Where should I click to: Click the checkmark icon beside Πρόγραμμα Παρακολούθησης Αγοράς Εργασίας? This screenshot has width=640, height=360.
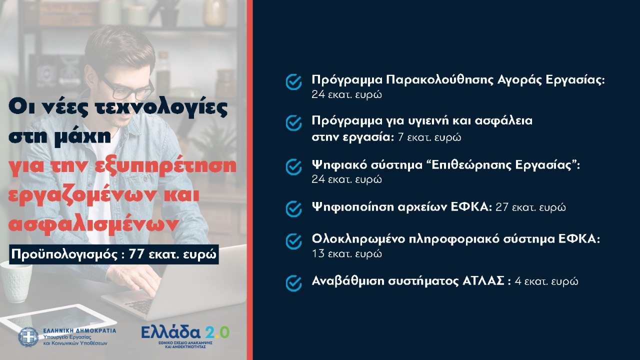(x=293, y=82)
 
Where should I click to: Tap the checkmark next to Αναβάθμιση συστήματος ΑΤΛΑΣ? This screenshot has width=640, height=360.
(x=293, y=283)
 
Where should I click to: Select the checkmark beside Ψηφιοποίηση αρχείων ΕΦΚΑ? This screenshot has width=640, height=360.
(x=293, y=208)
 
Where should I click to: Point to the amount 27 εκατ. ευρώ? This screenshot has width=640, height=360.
(x=530, y=207)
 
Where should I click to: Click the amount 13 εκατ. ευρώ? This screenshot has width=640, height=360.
(x=346, y=253)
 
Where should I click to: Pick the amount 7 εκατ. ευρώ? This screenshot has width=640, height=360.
(x=429, y=137)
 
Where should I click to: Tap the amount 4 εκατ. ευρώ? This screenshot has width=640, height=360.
(x=546, y=281)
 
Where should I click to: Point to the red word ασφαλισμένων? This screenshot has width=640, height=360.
(x=93, y=225)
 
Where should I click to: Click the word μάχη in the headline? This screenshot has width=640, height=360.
(x=85, y=136)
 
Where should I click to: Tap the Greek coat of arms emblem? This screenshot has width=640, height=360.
(x=28, y=337)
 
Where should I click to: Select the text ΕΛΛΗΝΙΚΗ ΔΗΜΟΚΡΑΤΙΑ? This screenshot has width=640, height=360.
(x=79, y=330)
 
